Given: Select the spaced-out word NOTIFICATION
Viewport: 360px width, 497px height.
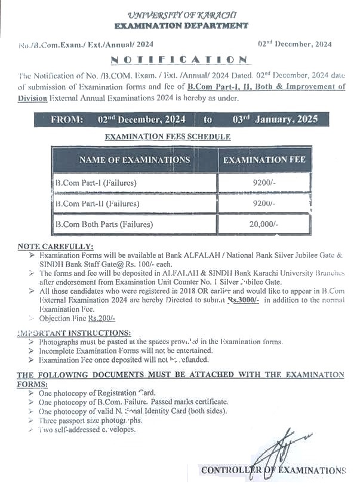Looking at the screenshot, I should click(179, 60).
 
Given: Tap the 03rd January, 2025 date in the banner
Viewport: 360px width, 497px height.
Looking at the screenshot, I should click(275, 119).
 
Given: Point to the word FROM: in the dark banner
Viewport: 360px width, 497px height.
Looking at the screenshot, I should click(67, 119).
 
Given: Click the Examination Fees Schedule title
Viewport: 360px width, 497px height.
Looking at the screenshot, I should click(168, 137).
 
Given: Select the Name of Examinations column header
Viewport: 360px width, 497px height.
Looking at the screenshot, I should click(134, 160).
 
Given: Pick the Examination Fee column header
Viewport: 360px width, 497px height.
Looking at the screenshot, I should click(264, 160).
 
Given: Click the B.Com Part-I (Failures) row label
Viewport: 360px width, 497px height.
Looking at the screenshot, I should click(96, 182).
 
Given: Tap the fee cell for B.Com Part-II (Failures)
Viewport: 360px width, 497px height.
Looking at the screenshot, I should click(264, 204).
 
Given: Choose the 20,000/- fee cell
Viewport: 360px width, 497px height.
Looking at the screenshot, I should click(264, 225).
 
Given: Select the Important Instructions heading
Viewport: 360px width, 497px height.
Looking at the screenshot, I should click(74, 332).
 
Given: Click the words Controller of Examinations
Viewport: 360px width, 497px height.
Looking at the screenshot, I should click(273, 470).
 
